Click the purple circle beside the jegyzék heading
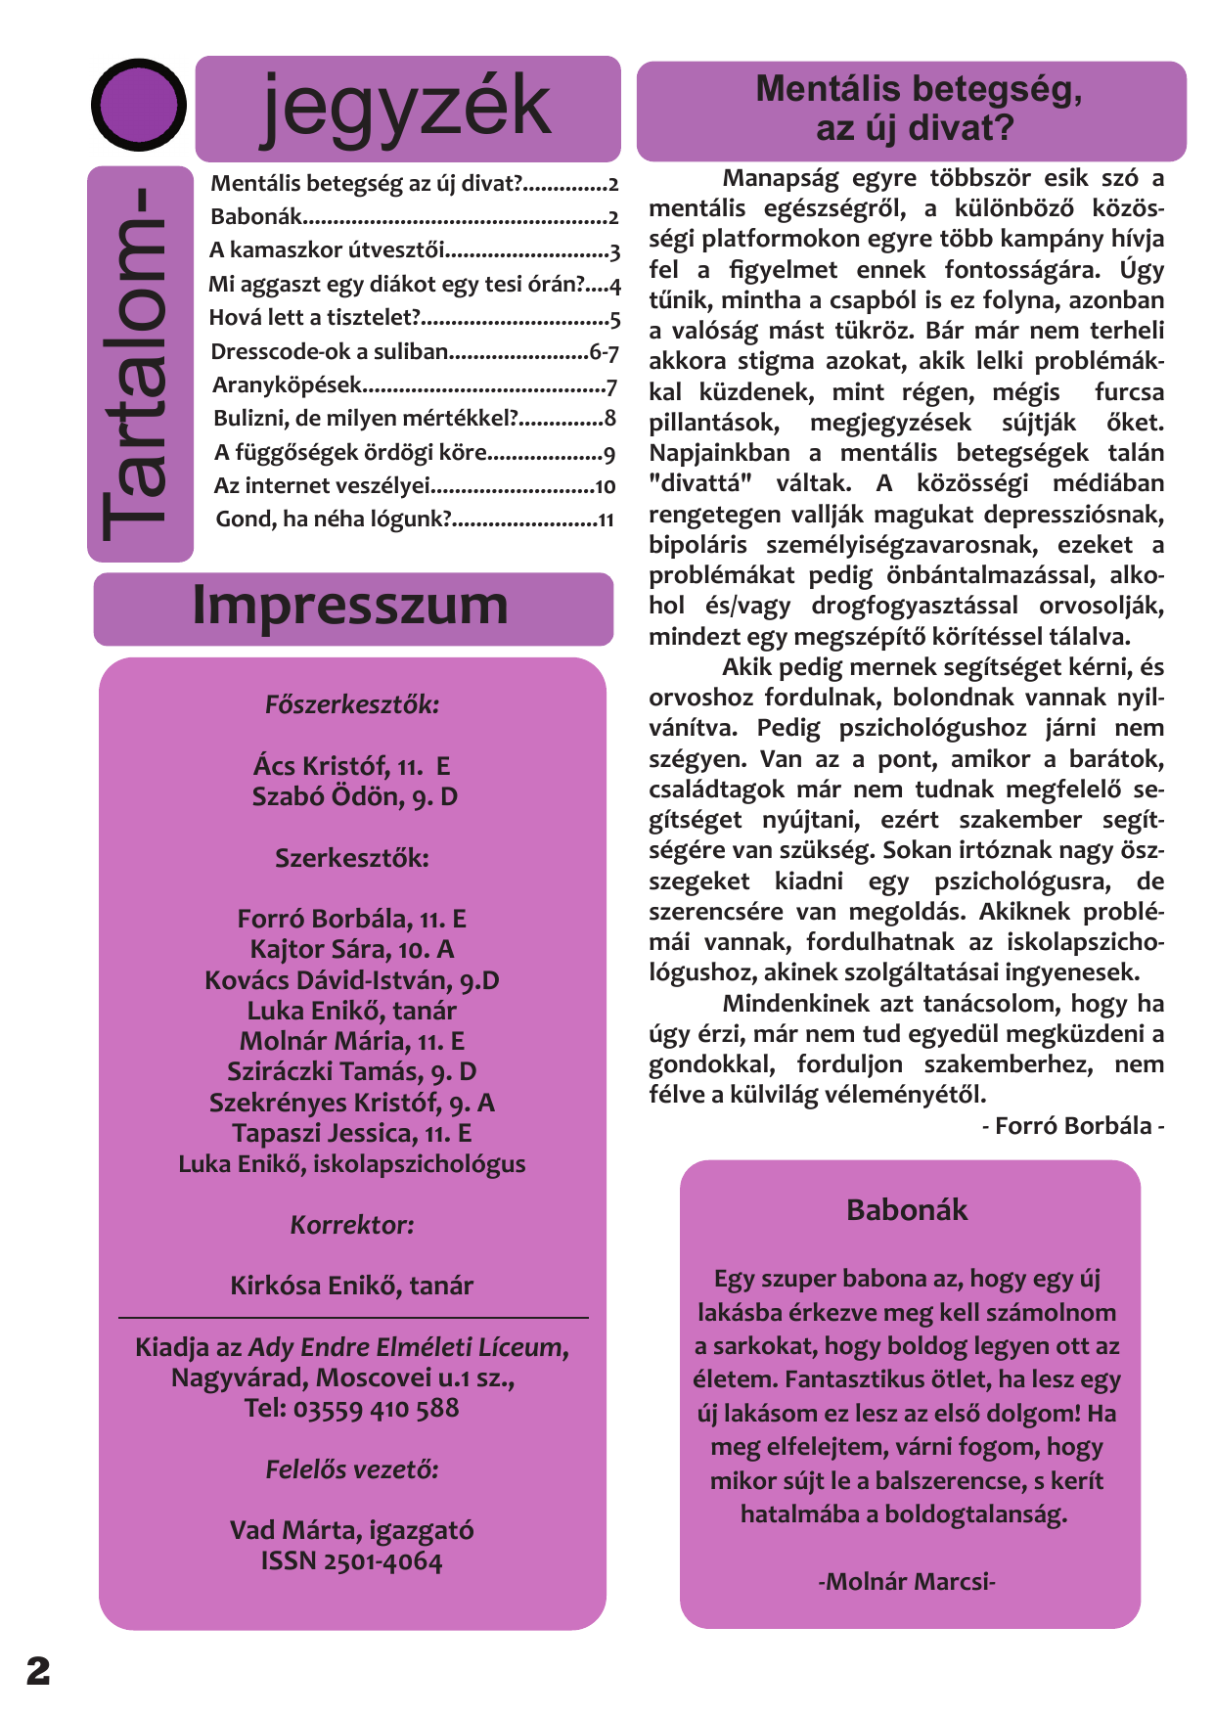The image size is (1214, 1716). pos(138,105)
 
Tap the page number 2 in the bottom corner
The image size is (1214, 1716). pos(38,1671)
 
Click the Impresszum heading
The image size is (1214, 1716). pos(350,606)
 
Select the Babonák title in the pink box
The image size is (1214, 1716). pos(907,1210)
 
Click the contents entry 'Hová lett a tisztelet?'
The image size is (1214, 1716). pos(315,318)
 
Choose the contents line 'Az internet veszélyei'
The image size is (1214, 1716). pos(323,485)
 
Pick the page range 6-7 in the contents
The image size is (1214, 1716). pos(604,352)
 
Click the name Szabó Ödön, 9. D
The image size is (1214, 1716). pos(354,797)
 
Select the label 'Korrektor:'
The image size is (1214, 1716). pos(352,1225)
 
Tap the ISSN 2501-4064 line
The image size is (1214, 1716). pos(351,1560)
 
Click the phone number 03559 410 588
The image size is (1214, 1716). pos(376,1409)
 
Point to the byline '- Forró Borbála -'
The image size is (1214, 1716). pos(1072,1126)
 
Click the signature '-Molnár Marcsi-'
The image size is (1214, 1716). pos(907,1582)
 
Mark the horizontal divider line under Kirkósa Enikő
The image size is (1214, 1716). pos(353,1318)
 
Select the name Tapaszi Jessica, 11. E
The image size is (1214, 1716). pos(352,1133)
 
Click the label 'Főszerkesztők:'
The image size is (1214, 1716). pos(352,704)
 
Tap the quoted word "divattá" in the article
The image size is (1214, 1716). pos(699,483)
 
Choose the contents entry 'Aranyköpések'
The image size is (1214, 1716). pos(287,385)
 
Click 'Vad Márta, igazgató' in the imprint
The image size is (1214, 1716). pos(352,1530)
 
